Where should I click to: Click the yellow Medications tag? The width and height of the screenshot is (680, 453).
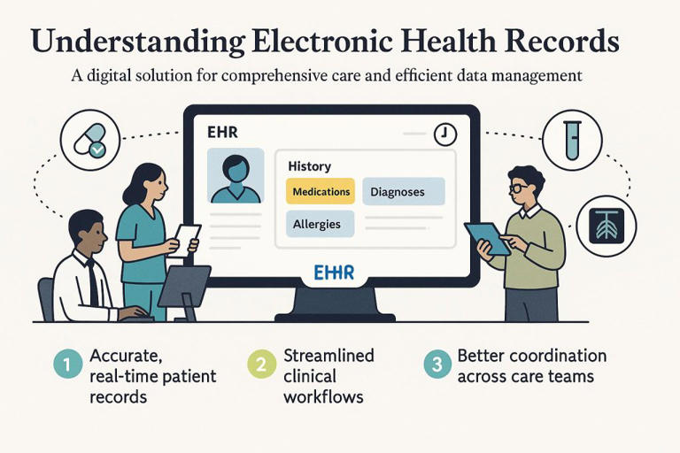pyautogui.click(x=320, y=191)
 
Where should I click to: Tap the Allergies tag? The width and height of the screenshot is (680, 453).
pyautogui.click(x=317, y=224)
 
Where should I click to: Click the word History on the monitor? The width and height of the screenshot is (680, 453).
pyautogui.click(x=310, y=165)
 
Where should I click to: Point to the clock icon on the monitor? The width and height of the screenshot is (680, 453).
pyautogui.click(x=445, y=135)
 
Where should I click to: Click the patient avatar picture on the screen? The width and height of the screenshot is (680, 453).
pyautogui.click(x=235, y=177)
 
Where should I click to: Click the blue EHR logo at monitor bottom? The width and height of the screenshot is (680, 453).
pyautogui.click(x=334, y=273)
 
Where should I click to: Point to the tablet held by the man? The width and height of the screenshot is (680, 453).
pyautogui.click(x=487, y=238)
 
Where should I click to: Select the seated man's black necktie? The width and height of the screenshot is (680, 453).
pyautogui.click(x=93, y=281)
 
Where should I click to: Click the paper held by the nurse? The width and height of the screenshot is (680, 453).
pyautogui.click(x=188, y=238)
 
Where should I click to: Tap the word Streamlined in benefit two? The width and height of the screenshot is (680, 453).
pyautogui.click(x=328, y=356)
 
